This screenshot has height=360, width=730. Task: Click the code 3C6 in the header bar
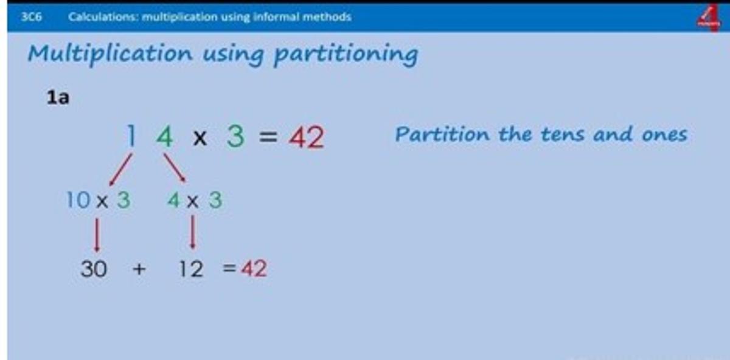coord(31,16)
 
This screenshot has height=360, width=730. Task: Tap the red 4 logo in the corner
coord(709,18)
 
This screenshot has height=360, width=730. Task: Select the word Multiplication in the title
coord(111,54)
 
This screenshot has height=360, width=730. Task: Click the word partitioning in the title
coord(346,54)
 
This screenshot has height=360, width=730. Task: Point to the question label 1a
coord(58,97)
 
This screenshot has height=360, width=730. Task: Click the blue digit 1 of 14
coord(131,136)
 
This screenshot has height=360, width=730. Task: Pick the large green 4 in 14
coord(165,136)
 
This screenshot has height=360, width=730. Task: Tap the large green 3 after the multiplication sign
coord(235,136)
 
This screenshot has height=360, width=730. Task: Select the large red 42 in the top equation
coord(307,137)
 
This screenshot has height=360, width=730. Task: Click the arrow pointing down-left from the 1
coord(120,170)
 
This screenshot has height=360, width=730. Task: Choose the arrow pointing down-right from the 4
coord(175,168)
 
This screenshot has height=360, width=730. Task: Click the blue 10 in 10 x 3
coord(78,199)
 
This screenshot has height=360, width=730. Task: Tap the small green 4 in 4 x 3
coord(174,199)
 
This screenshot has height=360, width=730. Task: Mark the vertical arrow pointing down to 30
coord(97,235)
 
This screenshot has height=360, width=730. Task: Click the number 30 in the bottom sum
coord(94,269)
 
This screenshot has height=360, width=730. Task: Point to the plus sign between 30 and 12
coord(139,269)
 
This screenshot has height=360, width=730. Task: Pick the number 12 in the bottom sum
coord(191,269)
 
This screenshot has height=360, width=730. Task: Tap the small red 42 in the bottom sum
coord(254,268)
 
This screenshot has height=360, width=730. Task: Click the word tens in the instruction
coord(563,134)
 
